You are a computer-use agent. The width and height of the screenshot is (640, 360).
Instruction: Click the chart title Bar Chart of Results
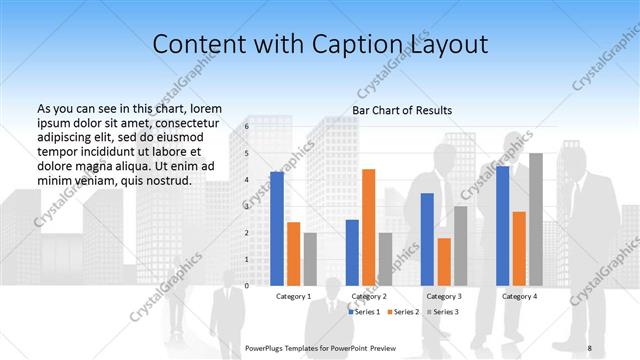[402, 110]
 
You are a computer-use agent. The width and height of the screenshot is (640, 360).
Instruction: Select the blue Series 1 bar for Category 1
[277, 228]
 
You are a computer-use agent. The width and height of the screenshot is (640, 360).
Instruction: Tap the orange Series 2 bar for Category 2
[368, 227]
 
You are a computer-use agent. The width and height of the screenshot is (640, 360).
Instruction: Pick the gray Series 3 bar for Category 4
[536, 219]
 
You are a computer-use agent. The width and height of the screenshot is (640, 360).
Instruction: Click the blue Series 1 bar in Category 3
[427, 239]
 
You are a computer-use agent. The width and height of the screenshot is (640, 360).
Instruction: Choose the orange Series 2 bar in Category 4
[519, 248]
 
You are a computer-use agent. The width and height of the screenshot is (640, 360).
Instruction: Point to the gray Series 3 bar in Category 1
[310, 259]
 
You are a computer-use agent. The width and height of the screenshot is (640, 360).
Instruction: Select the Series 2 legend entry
[405, 312]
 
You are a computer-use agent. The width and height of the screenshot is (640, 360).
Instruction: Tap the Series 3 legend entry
[444, 312]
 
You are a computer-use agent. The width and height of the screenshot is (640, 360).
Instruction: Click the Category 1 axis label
[293, 297]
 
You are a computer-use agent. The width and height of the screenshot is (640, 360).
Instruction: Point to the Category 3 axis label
[444, 297]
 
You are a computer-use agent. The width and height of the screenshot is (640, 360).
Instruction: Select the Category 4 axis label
[519, 297]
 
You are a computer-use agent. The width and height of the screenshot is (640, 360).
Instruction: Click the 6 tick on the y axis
[246, 128]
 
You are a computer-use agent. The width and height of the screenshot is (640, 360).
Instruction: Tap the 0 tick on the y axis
[246, 286]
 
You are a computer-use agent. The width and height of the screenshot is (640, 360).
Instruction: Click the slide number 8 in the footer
[589, 348]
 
